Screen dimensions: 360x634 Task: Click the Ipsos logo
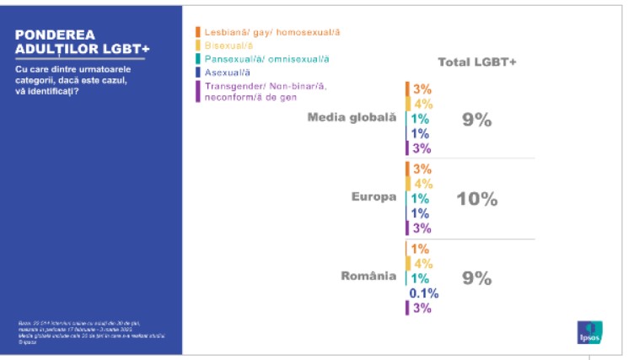588,332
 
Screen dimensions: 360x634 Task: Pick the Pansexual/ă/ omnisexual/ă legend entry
266,58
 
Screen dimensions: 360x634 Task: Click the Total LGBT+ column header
477,62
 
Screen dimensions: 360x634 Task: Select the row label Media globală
352,118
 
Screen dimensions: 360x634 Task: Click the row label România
368,277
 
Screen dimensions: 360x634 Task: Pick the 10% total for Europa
476,199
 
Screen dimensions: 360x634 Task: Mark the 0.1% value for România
423,293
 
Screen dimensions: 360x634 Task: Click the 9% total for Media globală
476,120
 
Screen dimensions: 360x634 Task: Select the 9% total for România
476,278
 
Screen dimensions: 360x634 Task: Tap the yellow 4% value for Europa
422,183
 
